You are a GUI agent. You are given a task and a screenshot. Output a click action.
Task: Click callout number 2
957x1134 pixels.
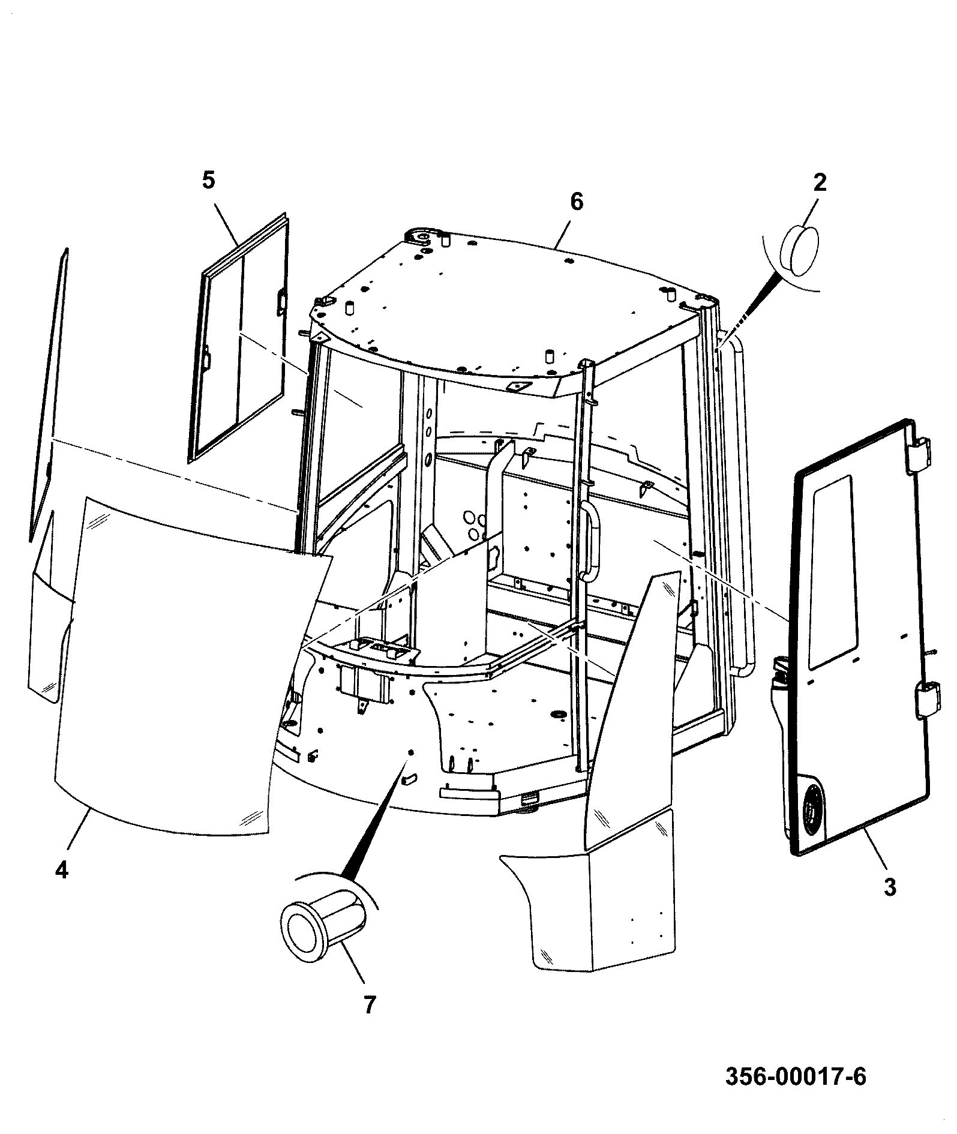click(x=819, y=182)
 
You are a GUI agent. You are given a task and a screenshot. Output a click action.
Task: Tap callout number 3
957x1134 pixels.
click(x=890, y=887)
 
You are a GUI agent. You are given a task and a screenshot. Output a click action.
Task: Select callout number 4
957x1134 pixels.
click(x=62, y=870)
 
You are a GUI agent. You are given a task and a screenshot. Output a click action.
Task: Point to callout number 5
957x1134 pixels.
click(x=208, y=181)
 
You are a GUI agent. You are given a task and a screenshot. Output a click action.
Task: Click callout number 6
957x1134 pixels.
click(x=576, y=202)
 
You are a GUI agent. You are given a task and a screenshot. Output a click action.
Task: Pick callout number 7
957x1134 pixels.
click(x=369, y=1004)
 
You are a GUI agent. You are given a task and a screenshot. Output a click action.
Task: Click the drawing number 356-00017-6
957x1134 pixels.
click(x=796, y=1076)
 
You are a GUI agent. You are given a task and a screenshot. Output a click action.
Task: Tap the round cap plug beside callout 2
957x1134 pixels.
click(x=800, y=250)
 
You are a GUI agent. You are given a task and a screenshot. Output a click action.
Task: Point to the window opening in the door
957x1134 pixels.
click(x=831, y=572)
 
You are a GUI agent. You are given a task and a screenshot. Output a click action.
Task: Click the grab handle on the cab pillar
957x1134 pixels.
click(x=592, y=541)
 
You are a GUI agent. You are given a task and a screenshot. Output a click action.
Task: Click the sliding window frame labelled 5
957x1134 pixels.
click(x=238, y=338)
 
